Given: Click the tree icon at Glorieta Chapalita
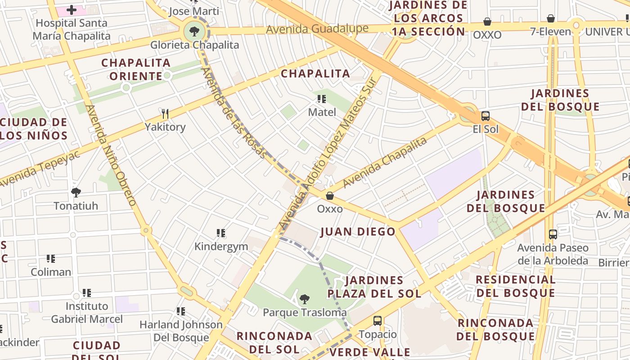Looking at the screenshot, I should (x=194, y=31).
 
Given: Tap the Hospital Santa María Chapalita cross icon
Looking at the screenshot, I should (x=72, y=9).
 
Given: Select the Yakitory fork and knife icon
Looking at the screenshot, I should (x=165, y=113).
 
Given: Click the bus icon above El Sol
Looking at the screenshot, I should (x=486, y=116).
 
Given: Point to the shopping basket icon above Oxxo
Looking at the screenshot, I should (x=330, y=196).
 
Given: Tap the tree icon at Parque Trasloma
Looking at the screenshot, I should (x=305, y=299).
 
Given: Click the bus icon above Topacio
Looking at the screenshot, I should (x=378, y=321).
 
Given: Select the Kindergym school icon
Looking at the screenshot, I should (x=221, y=233).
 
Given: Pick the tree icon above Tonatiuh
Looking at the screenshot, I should (x=76, y=193).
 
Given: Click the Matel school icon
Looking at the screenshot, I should (x=322, y=99).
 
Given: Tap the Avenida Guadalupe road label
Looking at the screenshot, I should (x=317, y=29).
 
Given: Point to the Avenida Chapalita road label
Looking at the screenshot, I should (x=385, y=162).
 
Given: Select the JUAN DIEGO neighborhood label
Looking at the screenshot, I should (x=358, y=232).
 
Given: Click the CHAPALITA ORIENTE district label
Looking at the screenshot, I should (x=135, y=69).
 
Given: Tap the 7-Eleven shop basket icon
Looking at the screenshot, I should (x=550, y=18).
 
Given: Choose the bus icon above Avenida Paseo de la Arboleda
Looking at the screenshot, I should (x=553, y=234).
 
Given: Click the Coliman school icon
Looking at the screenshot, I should (x=51, y=259).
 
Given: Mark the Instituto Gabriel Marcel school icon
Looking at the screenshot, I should (x=87, y=293).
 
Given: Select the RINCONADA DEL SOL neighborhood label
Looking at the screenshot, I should (x=274, y=342).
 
